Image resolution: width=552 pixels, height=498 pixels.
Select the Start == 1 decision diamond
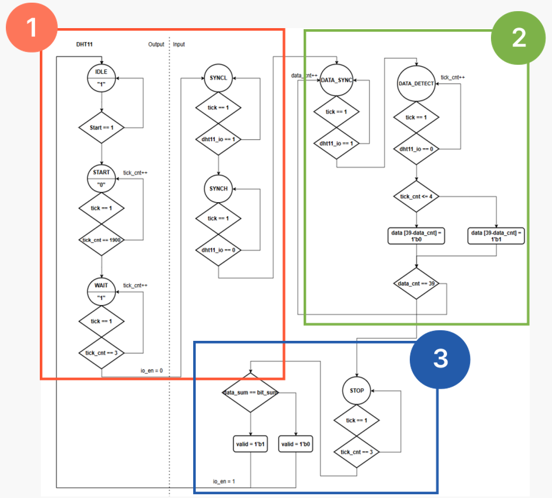pos(101,127)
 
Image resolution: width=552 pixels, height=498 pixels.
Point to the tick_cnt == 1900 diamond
pos(101,240)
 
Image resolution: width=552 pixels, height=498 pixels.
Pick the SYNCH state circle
pos(218,188)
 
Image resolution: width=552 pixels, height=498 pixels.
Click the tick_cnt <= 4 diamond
pos(417,197)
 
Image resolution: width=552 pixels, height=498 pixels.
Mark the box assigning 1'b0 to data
pos(417,236)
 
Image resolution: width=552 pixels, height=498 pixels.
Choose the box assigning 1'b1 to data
pos(496,236)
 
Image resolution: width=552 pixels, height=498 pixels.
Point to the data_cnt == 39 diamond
pos(417,284)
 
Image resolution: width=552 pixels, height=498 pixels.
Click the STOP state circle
pos(357,391)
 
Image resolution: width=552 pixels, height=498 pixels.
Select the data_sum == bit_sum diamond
pos(251,393)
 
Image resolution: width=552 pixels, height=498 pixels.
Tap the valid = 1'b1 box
pos(251,444)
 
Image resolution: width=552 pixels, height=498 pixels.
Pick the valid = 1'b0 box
pos(295,444)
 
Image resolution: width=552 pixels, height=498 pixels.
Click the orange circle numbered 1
pos(32,27)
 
